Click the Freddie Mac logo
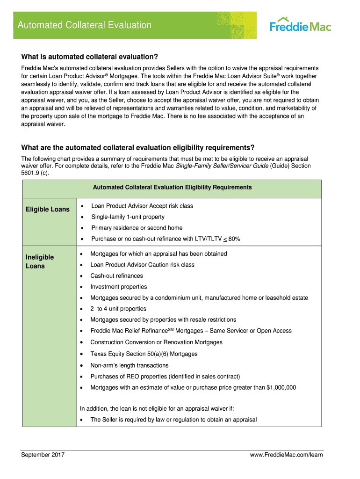(x=300, y=24)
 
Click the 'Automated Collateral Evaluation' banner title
(x=85, y=25)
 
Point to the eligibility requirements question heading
(x=138, y=148)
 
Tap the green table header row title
(x=172, y=188)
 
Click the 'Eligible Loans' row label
(x=48, y=209)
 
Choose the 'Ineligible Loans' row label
(x=40, y=261)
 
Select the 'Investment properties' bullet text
(x=119, y=287)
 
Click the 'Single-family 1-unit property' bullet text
(x=128, y=217)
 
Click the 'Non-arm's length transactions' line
(x=130, y=365)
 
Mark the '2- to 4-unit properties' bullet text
(x=118, y=309)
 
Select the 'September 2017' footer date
(x=43, y=455)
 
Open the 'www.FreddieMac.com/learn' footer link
(x=287, y=455)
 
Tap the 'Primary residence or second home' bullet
(x=137, y=228)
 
